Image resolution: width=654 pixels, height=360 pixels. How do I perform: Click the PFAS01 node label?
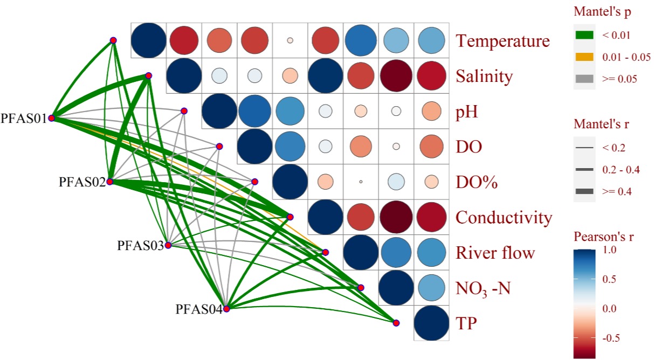click(24, 117)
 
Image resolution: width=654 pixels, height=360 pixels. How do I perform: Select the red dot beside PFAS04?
click(226, 309)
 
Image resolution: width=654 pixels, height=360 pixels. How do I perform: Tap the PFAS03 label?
click(140, 246)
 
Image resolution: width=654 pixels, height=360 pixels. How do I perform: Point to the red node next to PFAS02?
click(109, 182)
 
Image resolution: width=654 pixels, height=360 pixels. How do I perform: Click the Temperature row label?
click(502, 41)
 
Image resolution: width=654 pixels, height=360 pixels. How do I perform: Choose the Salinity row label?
click(484, 77)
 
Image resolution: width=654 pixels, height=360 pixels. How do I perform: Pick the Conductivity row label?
click(504, 217)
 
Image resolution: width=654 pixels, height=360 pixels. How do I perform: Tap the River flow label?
click(495, 253)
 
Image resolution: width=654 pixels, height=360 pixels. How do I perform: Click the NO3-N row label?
click(483, 289)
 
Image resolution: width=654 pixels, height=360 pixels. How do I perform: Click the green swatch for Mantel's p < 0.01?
click(584, 36)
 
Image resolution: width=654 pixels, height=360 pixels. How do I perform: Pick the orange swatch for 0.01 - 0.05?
click(584, 57)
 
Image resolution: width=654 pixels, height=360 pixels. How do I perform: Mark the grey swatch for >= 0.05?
click(584, 79)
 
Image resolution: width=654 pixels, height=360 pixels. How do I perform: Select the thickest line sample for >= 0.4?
click(584, 191)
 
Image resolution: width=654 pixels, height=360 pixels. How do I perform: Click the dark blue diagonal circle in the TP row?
click(431, 323)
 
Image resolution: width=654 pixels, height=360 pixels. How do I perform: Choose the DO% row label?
click(477, 182)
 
